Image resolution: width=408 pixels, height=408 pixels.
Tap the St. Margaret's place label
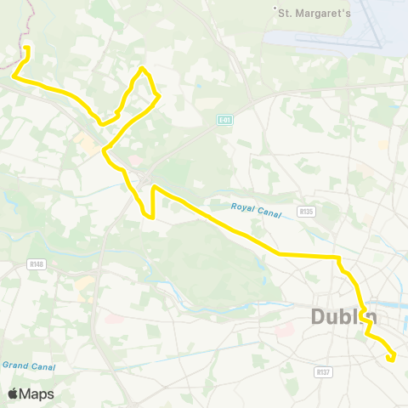click(312, 12)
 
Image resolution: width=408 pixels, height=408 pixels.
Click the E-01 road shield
click(224, 121)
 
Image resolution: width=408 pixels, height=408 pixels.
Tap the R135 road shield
click(307, 211)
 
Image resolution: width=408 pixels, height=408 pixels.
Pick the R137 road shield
click(322, 371)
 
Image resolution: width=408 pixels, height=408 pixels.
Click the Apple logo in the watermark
click(14, 394)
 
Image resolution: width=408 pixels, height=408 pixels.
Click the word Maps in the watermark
click(37, 394)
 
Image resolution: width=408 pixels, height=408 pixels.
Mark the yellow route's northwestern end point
click(27, 48)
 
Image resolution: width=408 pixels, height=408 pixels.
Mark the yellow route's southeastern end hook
click(389, 359)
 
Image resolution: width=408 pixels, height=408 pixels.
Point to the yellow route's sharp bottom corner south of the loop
click(152, 216)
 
